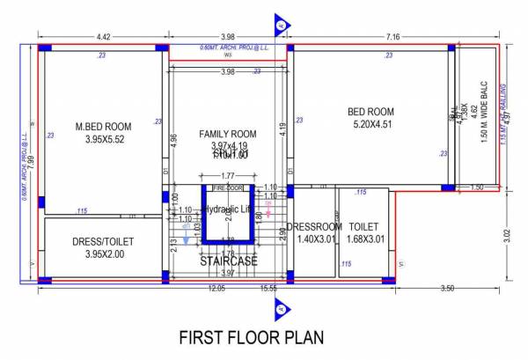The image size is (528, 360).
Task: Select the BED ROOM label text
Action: click(370, 112)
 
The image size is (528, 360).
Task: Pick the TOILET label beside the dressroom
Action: click(363, 226)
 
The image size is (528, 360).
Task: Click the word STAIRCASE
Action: click(227, 261)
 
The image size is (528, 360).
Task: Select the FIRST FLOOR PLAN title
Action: click(251, 337)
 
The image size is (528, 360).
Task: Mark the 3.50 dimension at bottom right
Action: click(447, 289)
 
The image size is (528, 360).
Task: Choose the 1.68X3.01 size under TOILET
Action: click(363, 239)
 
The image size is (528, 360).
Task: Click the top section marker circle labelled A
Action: click(280, 25)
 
